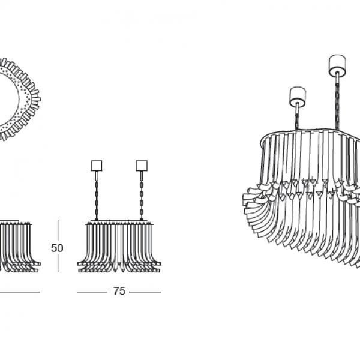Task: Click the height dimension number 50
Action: pos(57,248)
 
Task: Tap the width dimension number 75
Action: pos(119,291)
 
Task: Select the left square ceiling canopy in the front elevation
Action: pos(97,166)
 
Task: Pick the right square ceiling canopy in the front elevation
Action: pos(142,166)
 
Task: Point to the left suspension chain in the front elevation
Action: pos(97,200)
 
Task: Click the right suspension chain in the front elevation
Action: pos(142,200)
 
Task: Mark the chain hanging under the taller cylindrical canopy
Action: pos(337,106)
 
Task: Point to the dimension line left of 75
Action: pos(92,292)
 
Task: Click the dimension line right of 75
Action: pos(145,292)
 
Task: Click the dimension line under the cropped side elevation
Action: pos(20,292)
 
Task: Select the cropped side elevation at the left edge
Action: pos(20,247)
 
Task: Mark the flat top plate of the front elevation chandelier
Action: pos(119,221)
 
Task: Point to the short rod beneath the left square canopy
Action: pos(97,176)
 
